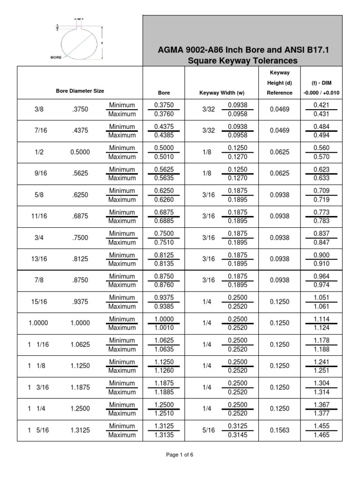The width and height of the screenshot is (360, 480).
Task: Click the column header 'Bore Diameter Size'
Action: pos(80,91)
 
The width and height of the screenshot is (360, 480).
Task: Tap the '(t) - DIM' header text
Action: pos(321,83)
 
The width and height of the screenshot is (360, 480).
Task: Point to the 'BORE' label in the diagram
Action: pos(56,58)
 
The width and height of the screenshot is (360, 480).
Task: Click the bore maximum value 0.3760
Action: pos(163,114)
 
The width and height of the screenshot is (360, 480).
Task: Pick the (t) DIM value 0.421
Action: pos(321,105)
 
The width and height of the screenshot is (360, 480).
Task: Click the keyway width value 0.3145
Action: pos(237,435)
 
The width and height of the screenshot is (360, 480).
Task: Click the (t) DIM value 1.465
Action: pos(321,435)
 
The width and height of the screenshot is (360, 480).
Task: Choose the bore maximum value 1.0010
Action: pos(163,328)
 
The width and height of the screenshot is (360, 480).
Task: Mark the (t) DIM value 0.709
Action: pos(321,191)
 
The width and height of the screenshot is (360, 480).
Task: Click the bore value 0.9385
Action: pos(163,307)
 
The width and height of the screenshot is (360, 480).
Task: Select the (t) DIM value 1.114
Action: pos(321,319)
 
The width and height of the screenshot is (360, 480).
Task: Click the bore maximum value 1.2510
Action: pos(163,413)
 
